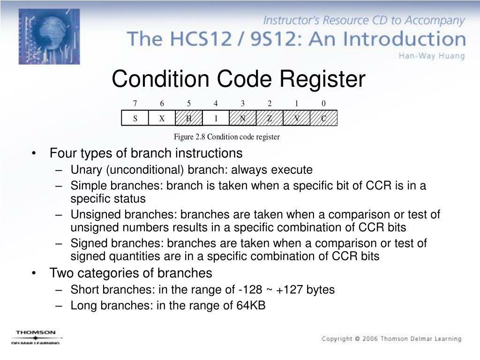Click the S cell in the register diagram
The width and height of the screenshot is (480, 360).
(135, 119)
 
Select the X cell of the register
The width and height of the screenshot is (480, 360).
(162, 119)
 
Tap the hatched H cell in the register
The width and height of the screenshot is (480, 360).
(189, 119)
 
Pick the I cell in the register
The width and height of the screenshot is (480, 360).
(216, 119)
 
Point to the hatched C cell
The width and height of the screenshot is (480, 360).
(323, 119)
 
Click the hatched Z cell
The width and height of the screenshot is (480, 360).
(270, 119)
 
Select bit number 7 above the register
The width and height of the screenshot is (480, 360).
(135, 104)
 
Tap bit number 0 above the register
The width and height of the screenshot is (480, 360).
(323, 104)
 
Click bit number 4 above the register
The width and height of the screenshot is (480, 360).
(216, 104)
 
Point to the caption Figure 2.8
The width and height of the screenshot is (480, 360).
(190, 137)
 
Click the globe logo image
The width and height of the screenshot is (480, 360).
(49, 36)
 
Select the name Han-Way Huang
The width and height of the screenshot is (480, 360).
(432, 56)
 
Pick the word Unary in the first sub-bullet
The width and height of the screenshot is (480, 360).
(84, 170)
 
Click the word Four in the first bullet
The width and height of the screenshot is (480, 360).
(62, 153)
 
